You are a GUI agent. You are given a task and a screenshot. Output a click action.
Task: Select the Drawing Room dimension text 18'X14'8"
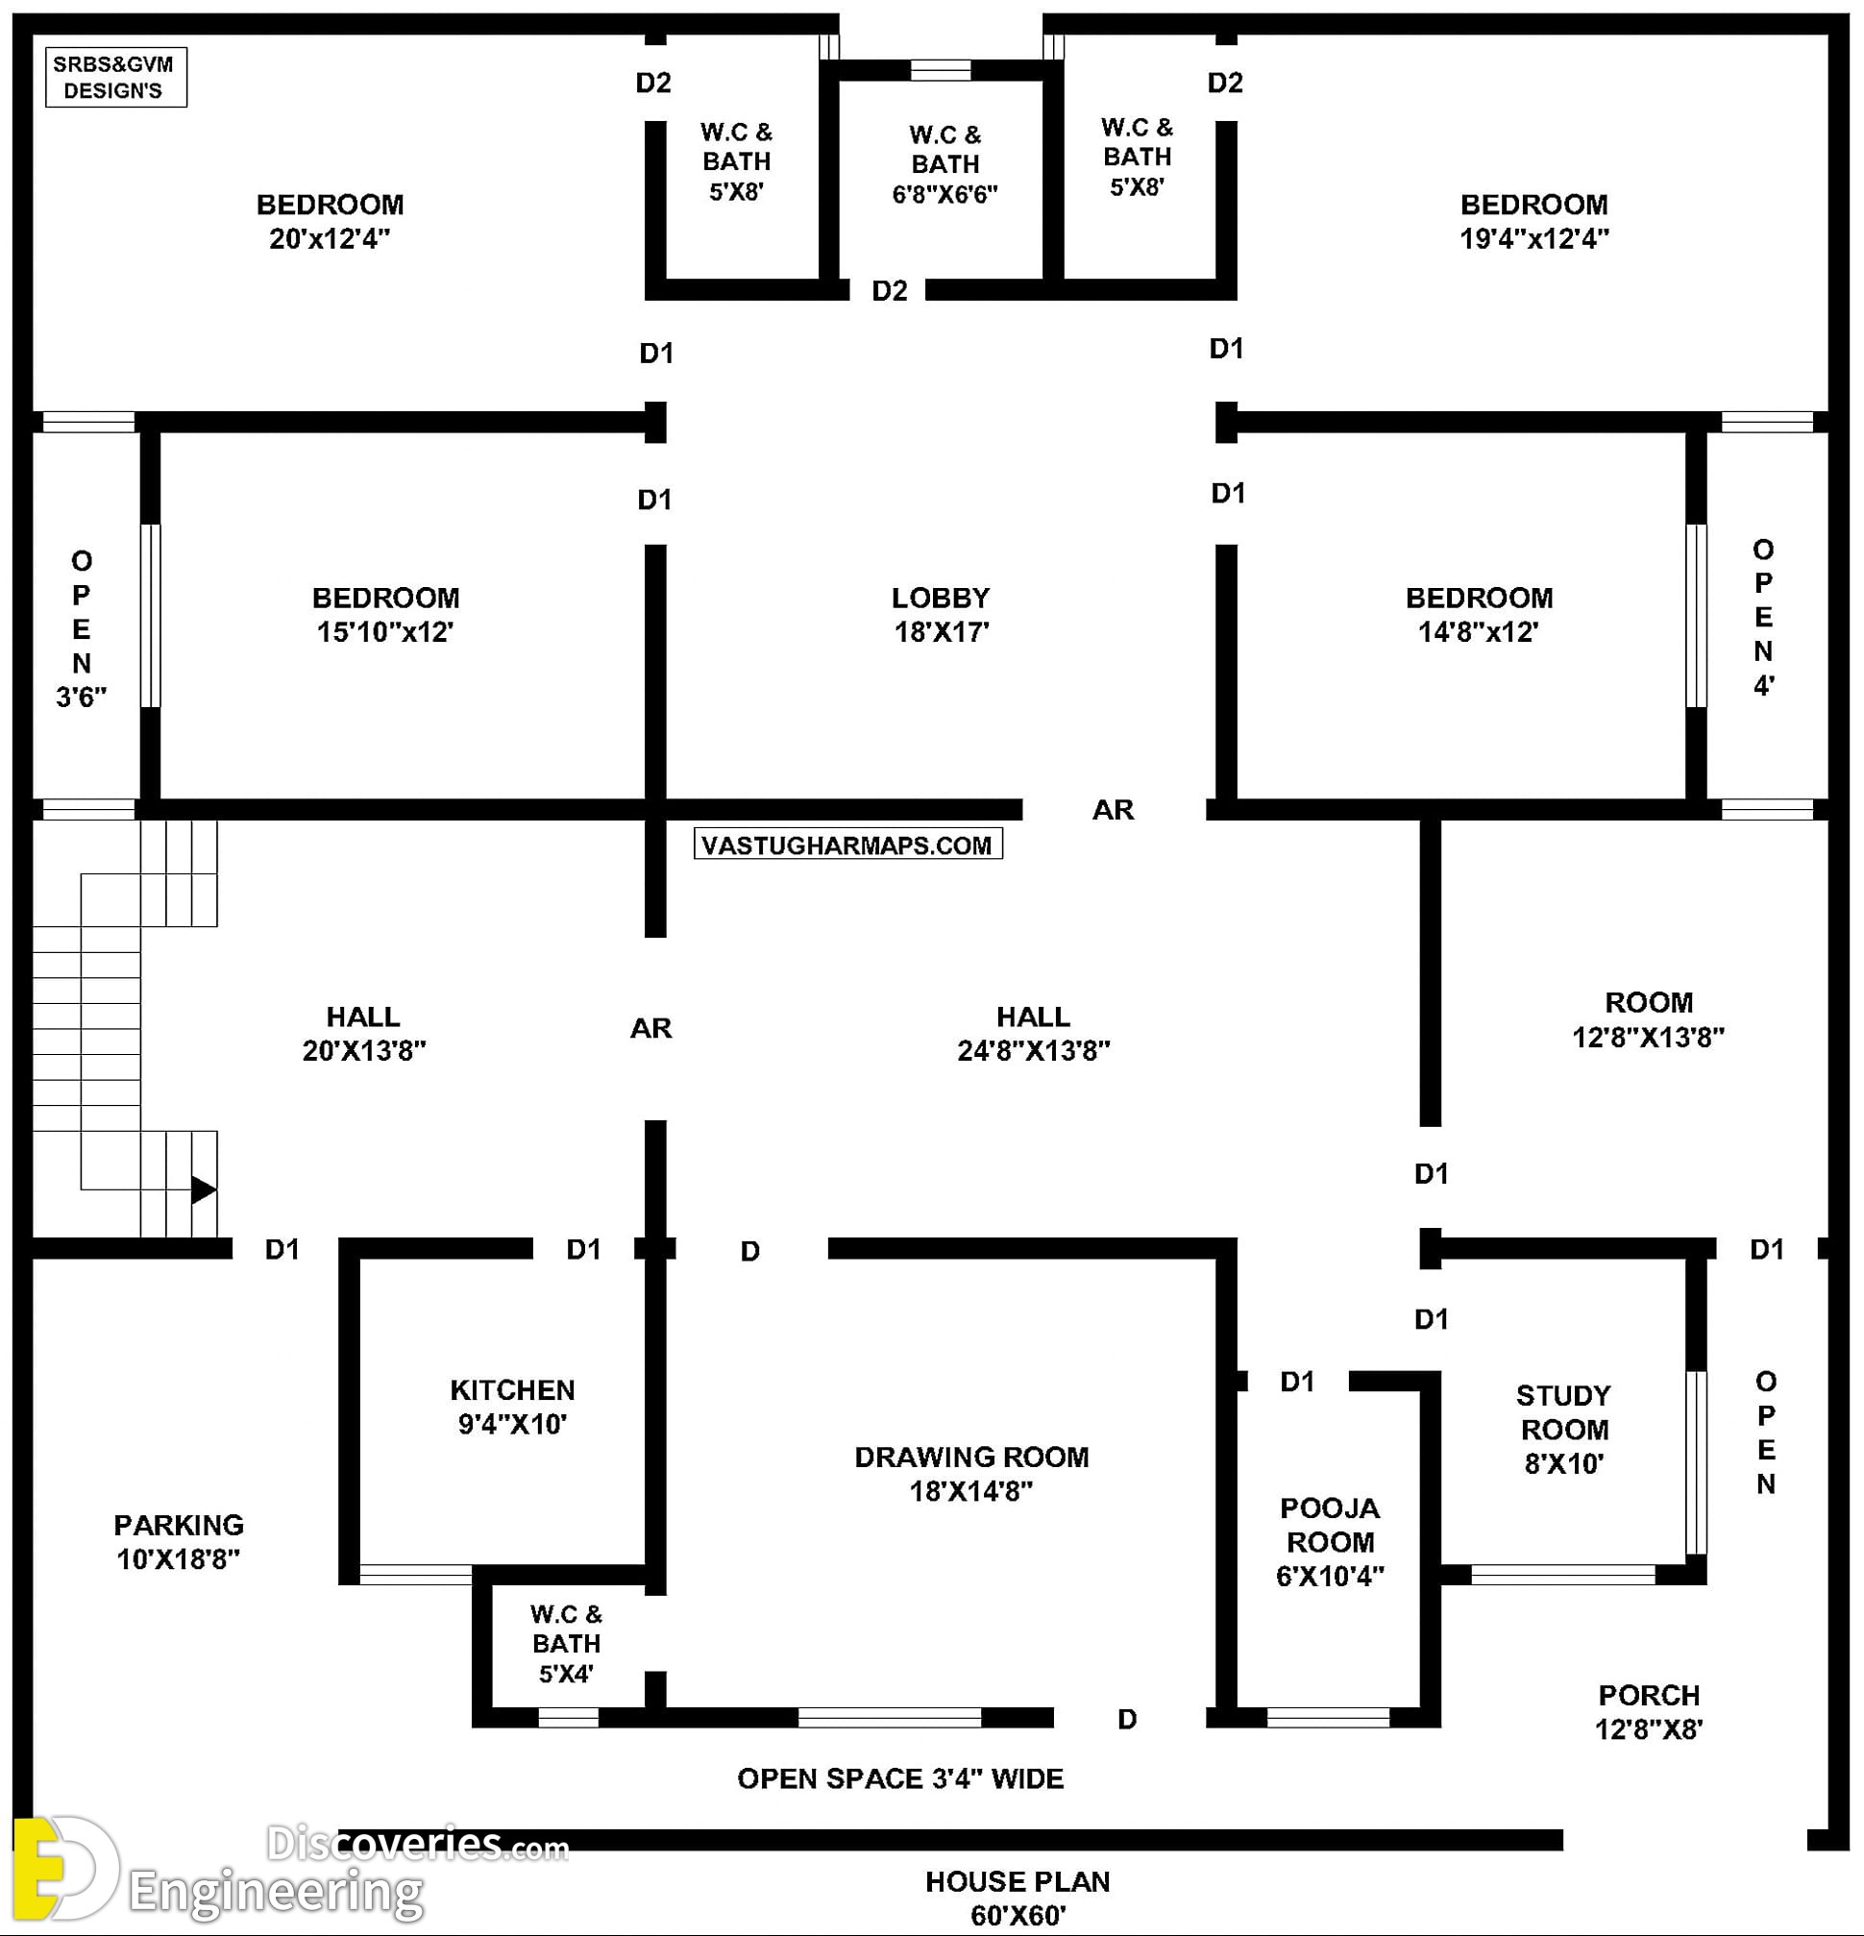click(971, 1490)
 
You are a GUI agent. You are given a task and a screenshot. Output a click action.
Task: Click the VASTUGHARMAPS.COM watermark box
click(847, 845)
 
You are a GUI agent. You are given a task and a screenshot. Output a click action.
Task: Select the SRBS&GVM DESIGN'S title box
click(115, 77)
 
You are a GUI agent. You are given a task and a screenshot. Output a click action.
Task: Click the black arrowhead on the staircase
click(204, 1189)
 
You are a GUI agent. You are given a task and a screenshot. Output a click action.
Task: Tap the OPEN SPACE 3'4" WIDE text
click(900, 1779)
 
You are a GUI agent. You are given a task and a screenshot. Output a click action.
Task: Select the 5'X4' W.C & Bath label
click(566, 1644)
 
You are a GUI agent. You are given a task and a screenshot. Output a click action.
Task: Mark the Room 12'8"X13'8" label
click(1648, 1019)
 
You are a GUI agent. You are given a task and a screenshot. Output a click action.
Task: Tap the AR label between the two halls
click(651, 1028)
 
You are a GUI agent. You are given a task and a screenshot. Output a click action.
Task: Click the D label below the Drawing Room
click(1127, 1720)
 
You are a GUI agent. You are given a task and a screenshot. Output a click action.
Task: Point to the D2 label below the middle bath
click(889, 290)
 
